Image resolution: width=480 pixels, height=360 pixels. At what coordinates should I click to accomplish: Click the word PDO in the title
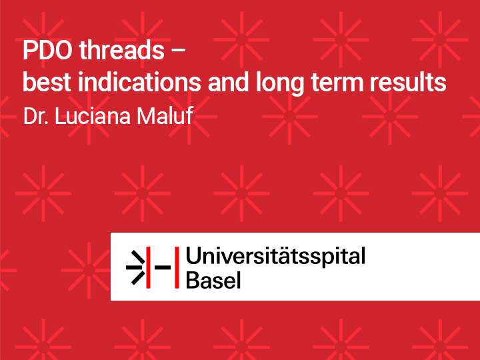(47, 50)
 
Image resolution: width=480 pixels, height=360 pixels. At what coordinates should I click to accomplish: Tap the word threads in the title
(122, 49)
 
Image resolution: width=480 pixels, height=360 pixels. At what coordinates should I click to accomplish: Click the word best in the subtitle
(47, 82)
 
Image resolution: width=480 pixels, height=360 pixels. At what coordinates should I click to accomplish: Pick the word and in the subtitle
(228, 82)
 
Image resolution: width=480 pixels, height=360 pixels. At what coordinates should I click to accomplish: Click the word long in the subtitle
(280, 83)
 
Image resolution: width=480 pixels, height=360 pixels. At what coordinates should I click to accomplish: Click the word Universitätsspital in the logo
(275, 257)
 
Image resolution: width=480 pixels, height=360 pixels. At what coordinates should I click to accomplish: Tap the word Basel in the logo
(213, 280)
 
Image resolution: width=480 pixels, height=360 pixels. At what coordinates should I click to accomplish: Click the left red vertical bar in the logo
(148, 267)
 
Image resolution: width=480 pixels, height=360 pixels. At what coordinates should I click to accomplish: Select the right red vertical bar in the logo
(177, 267)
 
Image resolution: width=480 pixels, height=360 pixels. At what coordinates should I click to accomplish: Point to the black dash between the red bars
(163, 267)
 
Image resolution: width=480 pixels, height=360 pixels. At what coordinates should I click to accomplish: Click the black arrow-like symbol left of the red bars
(135, 267)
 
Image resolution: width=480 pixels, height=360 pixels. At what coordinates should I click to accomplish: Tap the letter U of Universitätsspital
(193, 255)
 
